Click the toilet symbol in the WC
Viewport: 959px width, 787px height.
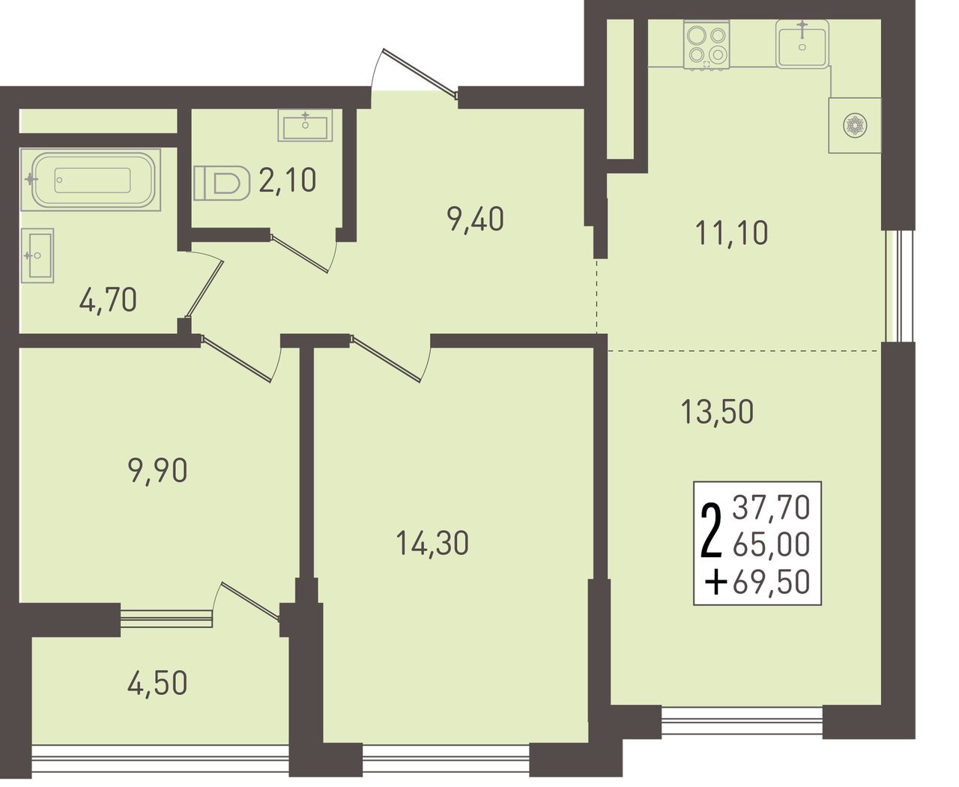pos(222,183)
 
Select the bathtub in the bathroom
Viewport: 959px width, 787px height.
pos(91,180)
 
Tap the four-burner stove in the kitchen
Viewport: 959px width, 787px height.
pos(707,44)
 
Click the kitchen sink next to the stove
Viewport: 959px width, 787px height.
pos(802,44)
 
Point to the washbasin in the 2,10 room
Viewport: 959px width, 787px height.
pos(305,125)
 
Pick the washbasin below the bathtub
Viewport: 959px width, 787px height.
pos(37,255)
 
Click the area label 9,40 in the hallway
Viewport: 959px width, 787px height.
pos(476,219)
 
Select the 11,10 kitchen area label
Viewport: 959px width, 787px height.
pos(732,233)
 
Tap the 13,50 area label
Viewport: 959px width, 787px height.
pos(717,412)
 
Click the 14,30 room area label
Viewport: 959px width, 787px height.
pos(432,544)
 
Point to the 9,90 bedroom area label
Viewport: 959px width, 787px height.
pos(158,471)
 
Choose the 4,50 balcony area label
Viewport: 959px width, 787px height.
pos(157,682)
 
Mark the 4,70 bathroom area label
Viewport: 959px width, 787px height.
pos(108,300)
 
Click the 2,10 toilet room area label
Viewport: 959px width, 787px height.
pos(288,180)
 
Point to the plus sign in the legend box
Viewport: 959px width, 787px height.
pos(716,582)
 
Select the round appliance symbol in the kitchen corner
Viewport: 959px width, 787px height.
pos(855,126)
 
